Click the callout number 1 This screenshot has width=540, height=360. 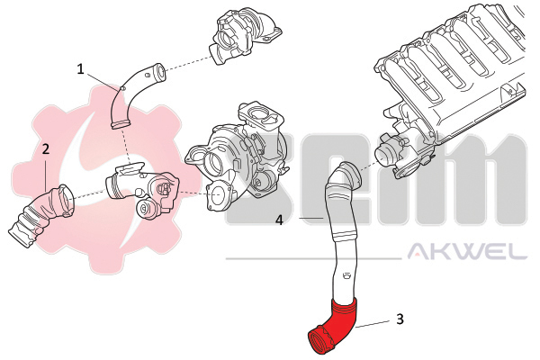point(80,69)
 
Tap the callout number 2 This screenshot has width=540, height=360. point(46,148)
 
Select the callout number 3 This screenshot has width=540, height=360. point(400,319)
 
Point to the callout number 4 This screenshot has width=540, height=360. point(280,220)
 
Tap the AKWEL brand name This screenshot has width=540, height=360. point(467,251)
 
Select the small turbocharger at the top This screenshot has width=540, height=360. point(244,36)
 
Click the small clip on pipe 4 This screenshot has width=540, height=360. point(346,275)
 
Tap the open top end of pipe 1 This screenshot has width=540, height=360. point(160,72)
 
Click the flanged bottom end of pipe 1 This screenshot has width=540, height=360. point(121,123)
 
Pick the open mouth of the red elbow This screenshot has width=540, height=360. point(319,341)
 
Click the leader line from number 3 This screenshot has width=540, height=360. point(373,323)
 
